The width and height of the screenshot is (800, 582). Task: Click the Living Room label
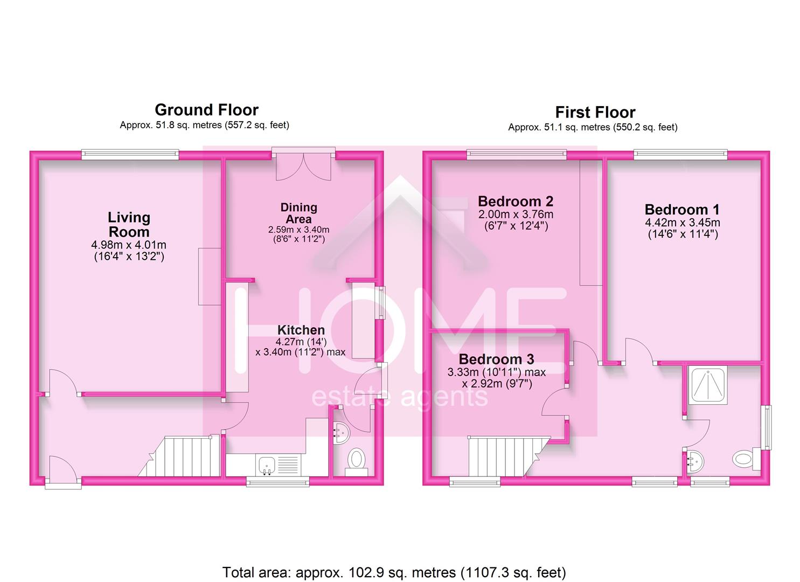pyautogui.click(x=129, y=225)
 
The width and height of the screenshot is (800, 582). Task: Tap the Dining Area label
pyautogui.click(x=298, y=213)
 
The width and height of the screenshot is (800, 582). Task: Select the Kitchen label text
pyautogui.click(x=301, y=330)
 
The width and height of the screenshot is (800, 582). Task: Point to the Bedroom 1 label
pyautogui.click(x=682, y=210)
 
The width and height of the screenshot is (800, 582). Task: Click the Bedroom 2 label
pyautogui.click(x=515, y=202)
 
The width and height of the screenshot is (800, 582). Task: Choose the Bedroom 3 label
pyautogui.click(x=496, y=359)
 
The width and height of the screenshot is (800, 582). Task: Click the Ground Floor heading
pyautogui.click(x=206, y=110)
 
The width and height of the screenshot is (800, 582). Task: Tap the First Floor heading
pyautogui.click(x=595, y=112)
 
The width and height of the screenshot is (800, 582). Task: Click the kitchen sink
pyautogui.click(x=267, y=465)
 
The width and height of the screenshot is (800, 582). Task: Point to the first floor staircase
pyautogui.click(x=496, y=456)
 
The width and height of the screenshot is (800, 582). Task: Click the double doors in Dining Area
pyautogui.click(x=303, y=166)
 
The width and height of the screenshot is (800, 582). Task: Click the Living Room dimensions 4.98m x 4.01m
pyautogui.click(x=129, y=245)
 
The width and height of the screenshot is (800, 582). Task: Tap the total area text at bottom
pyautogui.click(x=394, y=572)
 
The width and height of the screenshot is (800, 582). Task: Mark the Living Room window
pyautogui.click(x=130, y=155)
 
